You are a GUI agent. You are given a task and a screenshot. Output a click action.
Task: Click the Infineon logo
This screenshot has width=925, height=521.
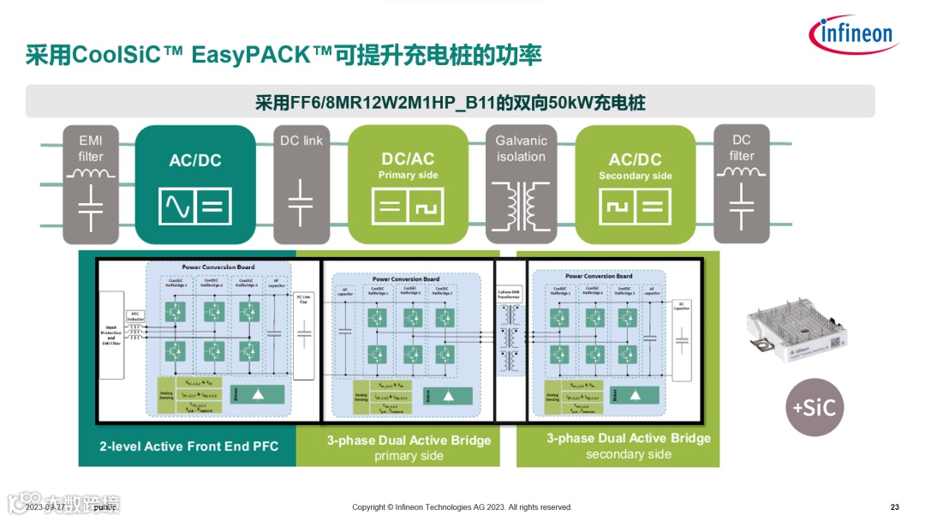851,35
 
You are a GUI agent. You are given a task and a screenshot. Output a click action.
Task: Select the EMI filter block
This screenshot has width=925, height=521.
91,184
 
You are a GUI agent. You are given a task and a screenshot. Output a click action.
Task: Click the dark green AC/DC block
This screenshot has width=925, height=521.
195,184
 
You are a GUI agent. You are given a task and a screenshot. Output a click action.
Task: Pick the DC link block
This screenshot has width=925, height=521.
301,184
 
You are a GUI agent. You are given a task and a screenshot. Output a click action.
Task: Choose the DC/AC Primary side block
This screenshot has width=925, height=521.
409,184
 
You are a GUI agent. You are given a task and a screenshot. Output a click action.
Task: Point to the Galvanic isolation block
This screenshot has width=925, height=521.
521,184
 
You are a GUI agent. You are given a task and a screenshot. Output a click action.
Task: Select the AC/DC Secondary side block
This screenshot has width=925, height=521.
635,184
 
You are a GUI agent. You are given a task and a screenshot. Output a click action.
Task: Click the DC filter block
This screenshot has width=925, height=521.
742,184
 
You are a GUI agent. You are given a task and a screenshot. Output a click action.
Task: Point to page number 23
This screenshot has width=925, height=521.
895,507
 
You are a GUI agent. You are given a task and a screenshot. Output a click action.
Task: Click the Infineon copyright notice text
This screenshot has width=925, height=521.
462,507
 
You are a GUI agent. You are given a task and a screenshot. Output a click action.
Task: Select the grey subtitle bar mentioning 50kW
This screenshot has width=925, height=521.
451,102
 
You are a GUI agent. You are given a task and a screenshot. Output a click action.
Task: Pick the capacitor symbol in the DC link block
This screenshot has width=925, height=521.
301,205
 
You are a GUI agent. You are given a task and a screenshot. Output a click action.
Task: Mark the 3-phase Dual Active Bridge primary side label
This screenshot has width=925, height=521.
409,447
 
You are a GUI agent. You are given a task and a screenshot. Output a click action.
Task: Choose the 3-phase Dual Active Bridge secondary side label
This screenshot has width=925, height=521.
629,446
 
